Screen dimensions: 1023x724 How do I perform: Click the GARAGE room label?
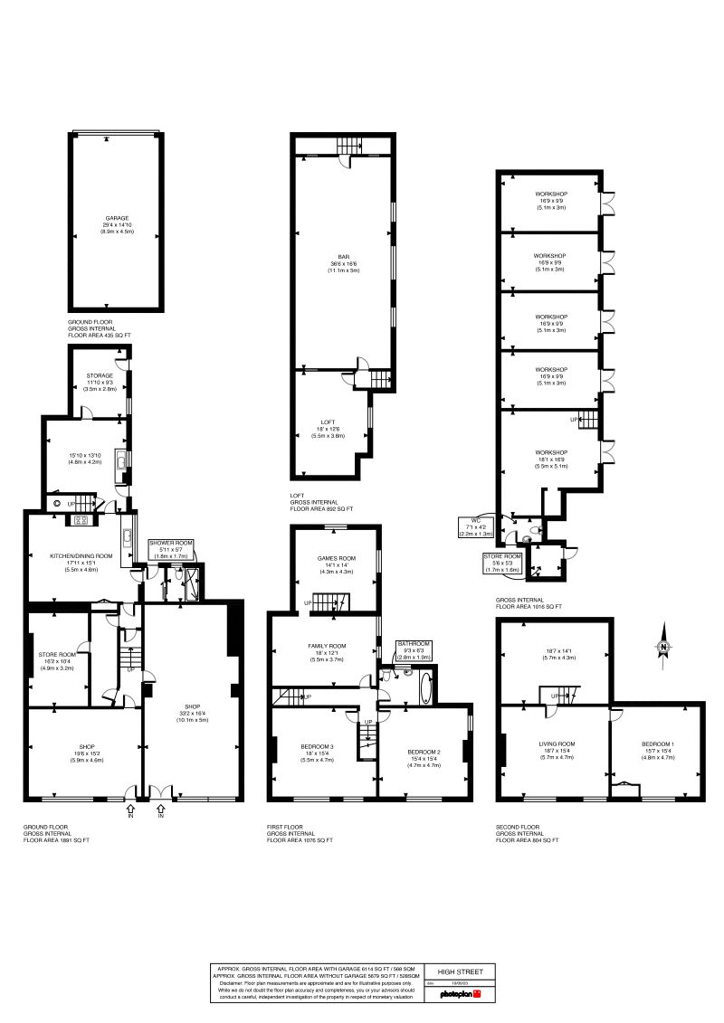pyautogui.click(x=116, y=218)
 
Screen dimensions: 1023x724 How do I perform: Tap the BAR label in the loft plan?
pyautogui.click(x=343, y=256)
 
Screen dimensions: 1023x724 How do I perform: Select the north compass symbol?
pyautogui.click(x=663, y=646)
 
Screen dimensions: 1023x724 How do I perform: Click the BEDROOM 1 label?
pyautogui.click(x=658, y=743)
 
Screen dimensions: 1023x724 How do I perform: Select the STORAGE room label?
pyautogui.click(x=100, y=375)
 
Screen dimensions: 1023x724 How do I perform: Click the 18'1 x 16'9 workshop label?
pyautogui.click(x=550, y=452)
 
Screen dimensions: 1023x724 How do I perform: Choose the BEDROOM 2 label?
pyautogui.click(x=424, y=752)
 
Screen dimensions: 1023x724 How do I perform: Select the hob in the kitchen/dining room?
pyautogui.click(x=79, y=519)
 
